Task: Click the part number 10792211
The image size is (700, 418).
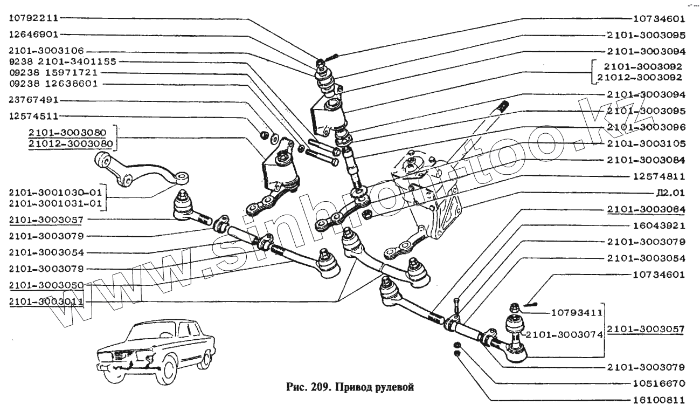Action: (x=33, y=17)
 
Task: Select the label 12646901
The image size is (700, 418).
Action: (x=33, y=33)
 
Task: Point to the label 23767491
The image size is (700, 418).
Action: (x=33, y=100)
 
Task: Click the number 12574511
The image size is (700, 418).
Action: (x=33, y=116)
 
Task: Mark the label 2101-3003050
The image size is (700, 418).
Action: (x=46, y=285)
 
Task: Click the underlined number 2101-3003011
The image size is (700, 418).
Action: (x=46, y=301)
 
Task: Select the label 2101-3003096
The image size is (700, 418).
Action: (x=646, y=128)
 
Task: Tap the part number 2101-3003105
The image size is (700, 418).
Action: (x=646, y=144)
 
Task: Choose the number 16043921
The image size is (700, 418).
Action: (x=658, y=225)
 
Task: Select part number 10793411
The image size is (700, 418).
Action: (x=577, y=312)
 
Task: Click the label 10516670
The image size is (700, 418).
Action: (x=658, y=384)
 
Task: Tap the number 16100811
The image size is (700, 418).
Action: (x=658, y=401)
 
